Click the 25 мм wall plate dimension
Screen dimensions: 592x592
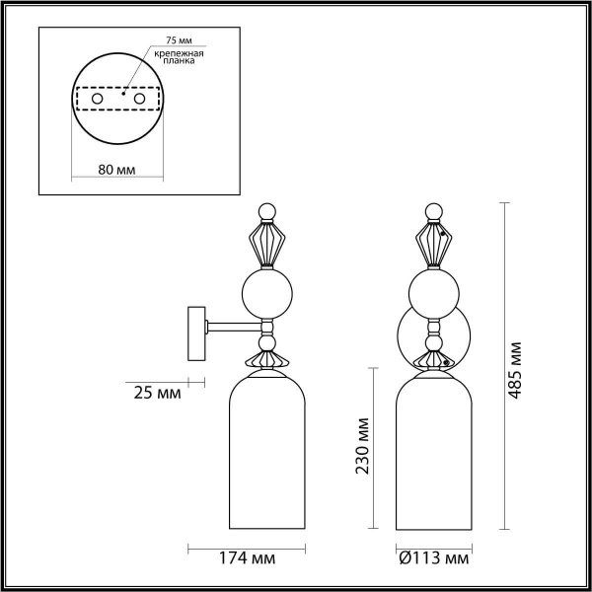pos(157,393)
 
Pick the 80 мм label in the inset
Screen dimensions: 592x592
pos(118,170)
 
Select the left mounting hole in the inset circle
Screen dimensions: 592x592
pos(97,100)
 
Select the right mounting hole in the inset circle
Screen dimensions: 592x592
pos(140,100)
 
